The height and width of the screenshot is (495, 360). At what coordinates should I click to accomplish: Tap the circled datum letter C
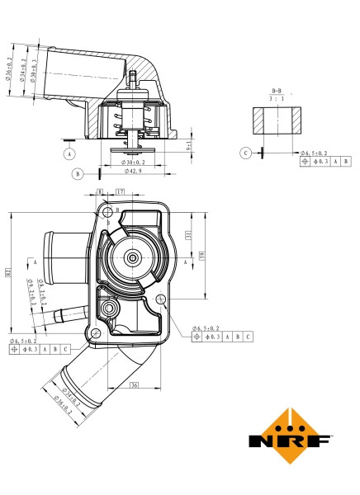246,153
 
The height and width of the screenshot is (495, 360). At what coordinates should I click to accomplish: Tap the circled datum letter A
69,153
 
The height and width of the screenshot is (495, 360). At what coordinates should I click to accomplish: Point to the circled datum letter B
77,173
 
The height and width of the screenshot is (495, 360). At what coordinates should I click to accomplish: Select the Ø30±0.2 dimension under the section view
134,162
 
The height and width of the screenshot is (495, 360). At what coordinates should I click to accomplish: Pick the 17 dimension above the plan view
121,192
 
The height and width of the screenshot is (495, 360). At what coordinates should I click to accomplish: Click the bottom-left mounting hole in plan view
97,332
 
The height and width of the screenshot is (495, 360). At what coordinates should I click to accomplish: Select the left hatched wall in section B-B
257,120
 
